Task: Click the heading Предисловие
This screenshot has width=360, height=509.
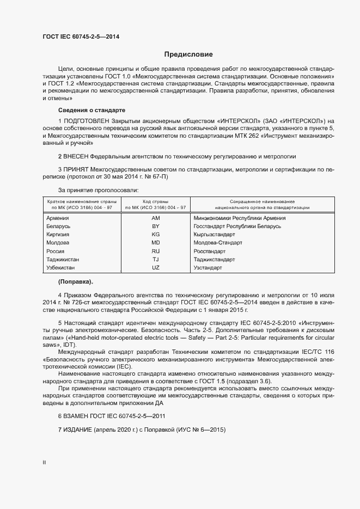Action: click(x=188, y=54)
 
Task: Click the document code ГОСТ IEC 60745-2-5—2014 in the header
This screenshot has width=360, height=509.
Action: click(x=81, y=37)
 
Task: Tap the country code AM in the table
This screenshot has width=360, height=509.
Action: click(x=155, y=218)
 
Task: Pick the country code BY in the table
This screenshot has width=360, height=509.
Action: click(x=155, y=226)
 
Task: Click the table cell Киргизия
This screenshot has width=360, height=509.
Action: click(x=58, y=235)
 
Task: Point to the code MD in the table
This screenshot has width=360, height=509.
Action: click(x=155, y=243)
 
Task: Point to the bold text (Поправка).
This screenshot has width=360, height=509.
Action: click(x=76, y=282)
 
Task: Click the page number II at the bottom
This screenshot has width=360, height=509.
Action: click(x=44, y=463)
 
